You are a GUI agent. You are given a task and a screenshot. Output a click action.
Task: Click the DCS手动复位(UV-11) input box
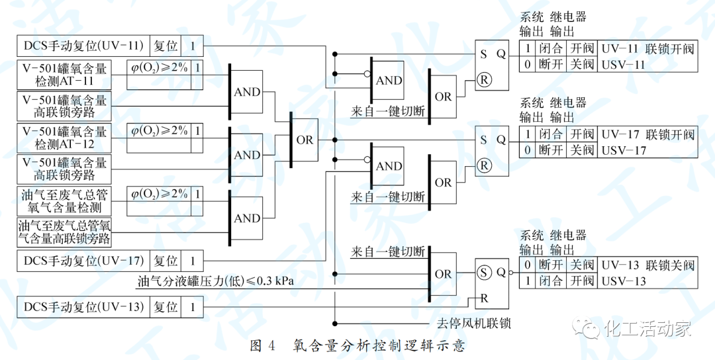(83, 46)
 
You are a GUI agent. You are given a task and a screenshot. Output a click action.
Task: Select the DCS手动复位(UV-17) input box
(83, 261)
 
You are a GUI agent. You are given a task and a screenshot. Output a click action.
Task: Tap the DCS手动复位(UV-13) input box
(83, 307)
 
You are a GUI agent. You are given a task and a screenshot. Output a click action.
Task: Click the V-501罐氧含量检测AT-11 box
(64, 74)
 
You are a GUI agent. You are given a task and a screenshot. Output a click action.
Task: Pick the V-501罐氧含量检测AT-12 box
(64, 138)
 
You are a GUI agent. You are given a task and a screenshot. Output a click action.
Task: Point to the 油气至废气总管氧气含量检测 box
(64, 201)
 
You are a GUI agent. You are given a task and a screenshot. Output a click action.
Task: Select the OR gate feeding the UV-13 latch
(442, 274)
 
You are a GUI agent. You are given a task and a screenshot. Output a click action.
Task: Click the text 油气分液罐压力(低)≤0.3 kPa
(216, 281)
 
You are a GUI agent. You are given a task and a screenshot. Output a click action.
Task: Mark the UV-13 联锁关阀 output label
(647, 265)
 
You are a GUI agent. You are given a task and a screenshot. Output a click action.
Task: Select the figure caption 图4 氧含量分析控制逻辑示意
(358, 346)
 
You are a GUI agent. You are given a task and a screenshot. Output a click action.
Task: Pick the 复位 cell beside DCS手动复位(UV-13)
(166, 307)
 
